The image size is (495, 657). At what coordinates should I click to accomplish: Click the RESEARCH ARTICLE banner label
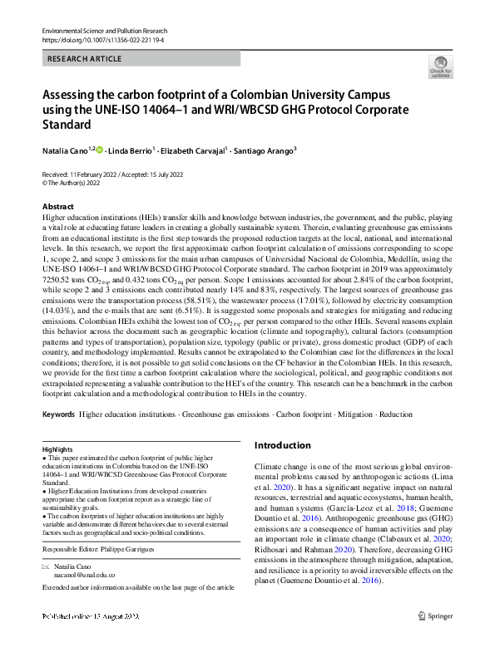pyautogui.click(x=85, y=59)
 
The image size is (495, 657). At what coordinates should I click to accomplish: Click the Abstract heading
pyautogui.click(x=57, y=206)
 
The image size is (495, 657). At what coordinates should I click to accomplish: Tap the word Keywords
pyautogui.click(x=58, y=413)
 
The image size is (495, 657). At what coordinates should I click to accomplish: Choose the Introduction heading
pyautogui.click(x=283, y=445)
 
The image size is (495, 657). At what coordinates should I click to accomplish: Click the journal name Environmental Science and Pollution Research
pyautogui.click(x=105, y=30)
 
